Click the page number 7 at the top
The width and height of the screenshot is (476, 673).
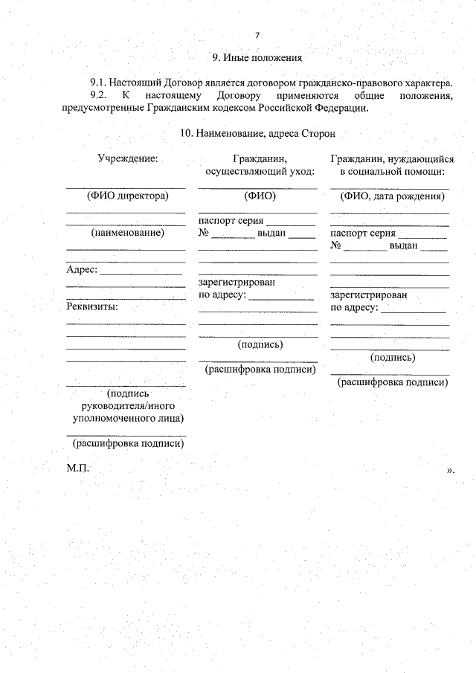(x=257, y=35)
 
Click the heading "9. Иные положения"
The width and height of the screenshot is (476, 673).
(x=257, y=57)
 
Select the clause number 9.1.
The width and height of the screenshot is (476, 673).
(x=99, y=84)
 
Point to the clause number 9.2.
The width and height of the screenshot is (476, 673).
(x=99, y=96)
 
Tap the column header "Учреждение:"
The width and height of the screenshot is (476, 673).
(x=126, y=158)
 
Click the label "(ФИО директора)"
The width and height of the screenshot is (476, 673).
(x=126, y=196)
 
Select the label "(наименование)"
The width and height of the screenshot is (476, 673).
(x=126, y=233)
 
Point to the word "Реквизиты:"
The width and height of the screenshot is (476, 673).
(x=92, y=306)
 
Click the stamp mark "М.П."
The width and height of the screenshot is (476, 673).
(x=77, y=468)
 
